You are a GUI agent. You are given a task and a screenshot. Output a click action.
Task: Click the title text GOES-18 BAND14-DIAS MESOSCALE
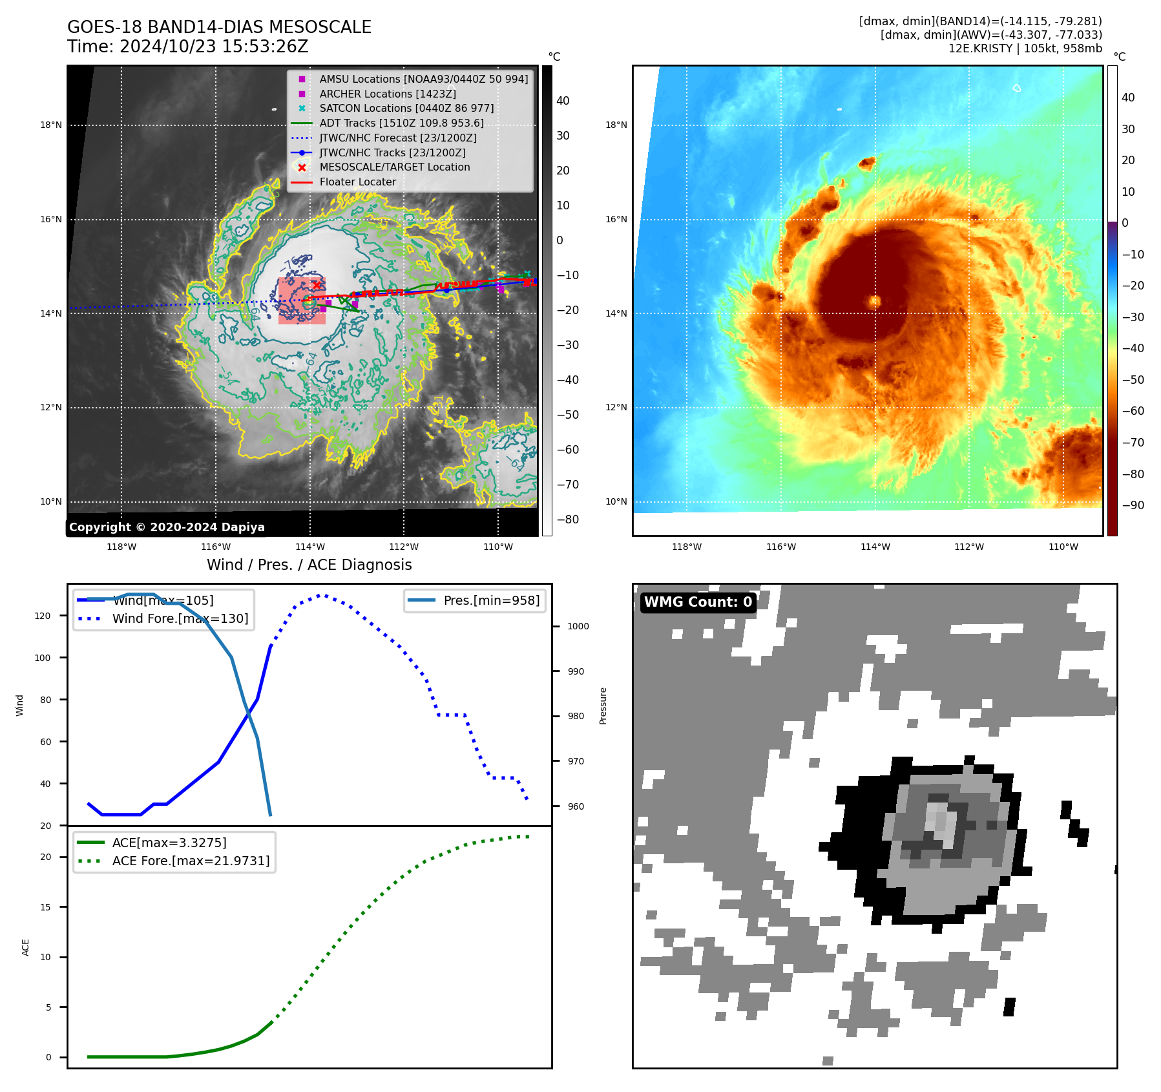pyautogui.click(x=219, y=27)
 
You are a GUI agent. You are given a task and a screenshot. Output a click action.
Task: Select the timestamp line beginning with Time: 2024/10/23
pyautogui.click(x=187, y=47)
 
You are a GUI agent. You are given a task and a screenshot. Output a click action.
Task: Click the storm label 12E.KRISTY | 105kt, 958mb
pyautogui.click(x=1025, y=48)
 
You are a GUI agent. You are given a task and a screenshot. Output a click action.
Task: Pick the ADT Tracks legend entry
pyautogui.click(x=401, y=123)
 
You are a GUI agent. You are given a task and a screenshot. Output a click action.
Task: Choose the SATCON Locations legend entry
pyautogui.click(x=406, y=108)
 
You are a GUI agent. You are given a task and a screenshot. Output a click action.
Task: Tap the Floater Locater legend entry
pyautogui.click(x=357, y=182)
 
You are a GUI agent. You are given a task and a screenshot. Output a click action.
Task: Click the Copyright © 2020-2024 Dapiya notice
pyautogui.click(x=167, y=527)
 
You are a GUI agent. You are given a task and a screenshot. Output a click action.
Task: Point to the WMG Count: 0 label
pyautogui.click(x=698, y=602)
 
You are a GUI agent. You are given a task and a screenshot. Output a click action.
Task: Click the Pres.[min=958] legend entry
pyautogui.click(x=491, y=600)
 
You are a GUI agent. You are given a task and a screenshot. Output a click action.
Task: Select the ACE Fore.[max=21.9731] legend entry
pyautogui.click(x=191, y=861)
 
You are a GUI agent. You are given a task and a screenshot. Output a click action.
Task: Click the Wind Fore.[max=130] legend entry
pyautogui.click(x=180, y=618)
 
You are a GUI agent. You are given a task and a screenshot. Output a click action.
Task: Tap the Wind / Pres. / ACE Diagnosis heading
pyautogui.click(x=309, y=565)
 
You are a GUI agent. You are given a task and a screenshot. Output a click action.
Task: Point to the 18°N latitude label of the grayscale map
pyautogui.click(x=51, y=125)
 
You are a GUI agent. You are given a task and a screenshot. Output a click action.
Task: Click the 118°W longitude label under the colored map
pyautogui.click(x=686, y=547)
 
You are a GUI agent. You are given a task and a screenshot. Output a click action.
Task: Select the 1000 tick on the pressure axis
pyautogui.click(x=578, y=626)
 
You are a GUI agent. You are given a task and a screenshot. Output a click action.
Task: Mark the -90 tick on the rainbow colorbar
pyautogui.click(x=1132, y=505)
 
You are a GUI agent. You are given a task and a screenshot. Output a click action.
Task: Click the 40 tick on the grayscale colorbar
pyautogui.click(x=563, y=101)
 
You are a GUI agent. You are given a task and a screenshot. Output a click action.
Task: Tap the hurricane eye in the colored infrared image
pyautogui.click(x=875, y=301)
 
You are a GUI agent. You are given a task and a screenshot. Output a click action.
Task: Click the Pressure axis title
pyautogui.click(x=603, y=706)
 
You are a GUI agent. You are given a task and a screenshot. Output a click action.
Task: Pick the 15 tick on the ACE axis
pyautogui.click(x=45, y=907)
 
